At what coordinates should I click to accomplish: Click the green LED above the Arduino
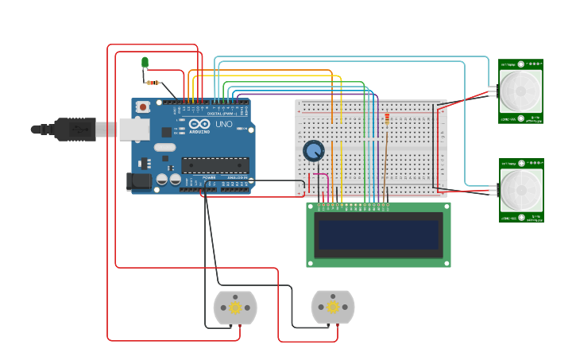point(145,62)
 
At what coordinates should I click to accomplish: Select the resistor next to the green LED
point(153,83)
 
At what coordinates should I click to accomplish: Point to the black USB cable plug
point(75,128)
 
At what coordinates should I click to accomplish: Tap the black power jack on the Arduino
point(139,181)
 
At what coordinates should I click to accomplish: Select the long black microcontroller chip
point(215,165)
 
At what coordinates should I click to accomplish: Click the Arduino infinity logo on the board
point(200,125)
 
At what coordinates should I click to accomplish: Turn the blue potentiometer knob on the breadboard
point(314,150)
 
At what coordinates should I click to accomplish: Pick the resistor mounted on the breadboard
point(387,120)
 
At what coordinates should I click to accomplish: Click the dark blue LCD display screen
point(378,234)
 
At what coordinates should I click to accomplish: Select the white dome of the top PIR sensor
point(520,91)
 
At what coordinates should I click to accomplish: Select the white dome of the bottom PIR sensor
point(520,190)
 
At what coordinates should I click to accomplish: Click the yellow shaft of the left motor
point(235,308)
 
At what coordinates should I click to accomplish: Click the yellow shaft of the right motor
point(333,308)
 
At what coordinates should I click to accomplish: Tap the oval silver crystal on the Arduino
point(164,147)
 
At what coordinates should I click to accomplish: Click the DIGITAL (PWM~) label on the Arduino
point(220,114)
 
